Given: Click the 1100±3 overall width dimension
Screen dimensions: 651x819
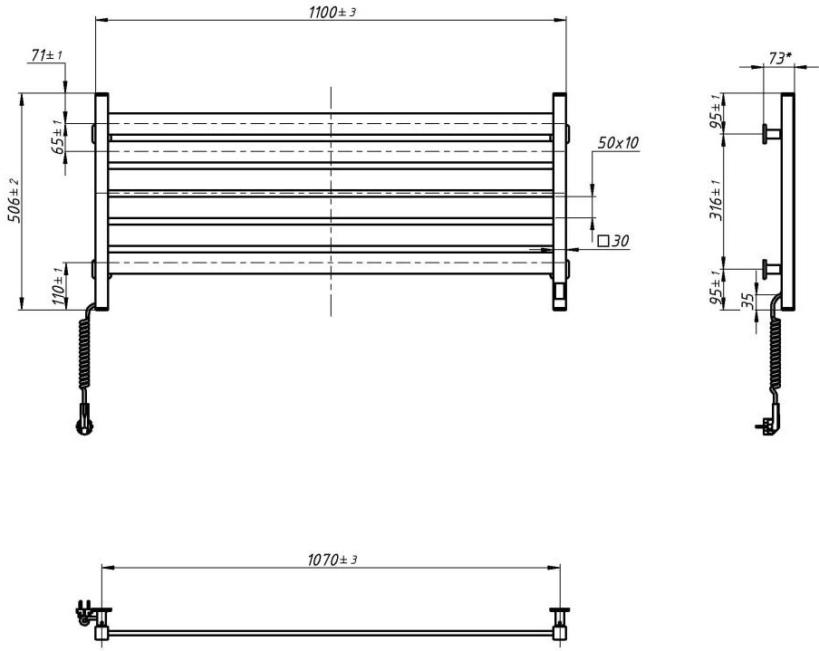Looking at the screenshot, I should pyautogui.click(x=332, y=11).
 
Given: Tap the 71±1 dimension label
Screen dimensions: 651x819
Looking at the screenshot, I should pyautogui.click(x=46, y=56).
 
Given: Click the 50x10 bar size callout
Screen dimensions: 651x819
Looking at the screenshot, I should pyautogui.click(x=618, y=143).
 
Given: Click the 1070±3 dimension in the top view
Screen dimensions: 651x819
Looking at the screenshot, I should pyautogui.click(x=332, y=560).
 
